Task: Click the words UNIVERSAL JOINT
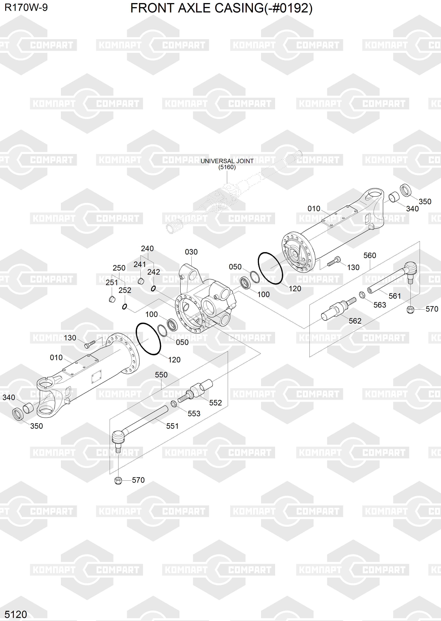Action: pyautogui.click(x=227, y=161)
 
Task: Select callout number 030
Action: pyautogui.click(x=191, y=252)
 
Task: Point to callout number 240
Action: pyautogui.click(x=147, y=248)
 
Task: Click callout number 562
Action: pyautogui.click(x=355, y=321)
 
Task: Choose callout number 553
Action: pyautogui.click(x=194, y=414)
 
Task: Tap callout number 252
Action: pyautogui.click(x=125, y=290)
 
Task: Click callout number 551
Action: pyautogui.click(x=172, y=426)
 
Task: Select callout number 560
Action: pyautogui.click(x=370, y=256)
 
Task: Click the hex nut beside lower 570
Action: pyautogui.click(x=118, y=480)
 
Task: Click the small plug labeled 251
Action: pyautogui.click(x=112, y=299)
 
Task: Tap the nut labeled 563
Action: pyautogui.click(x=362, y=295)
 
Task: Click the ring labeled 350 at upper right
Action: pyautogui.click(x=405, y=190)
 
